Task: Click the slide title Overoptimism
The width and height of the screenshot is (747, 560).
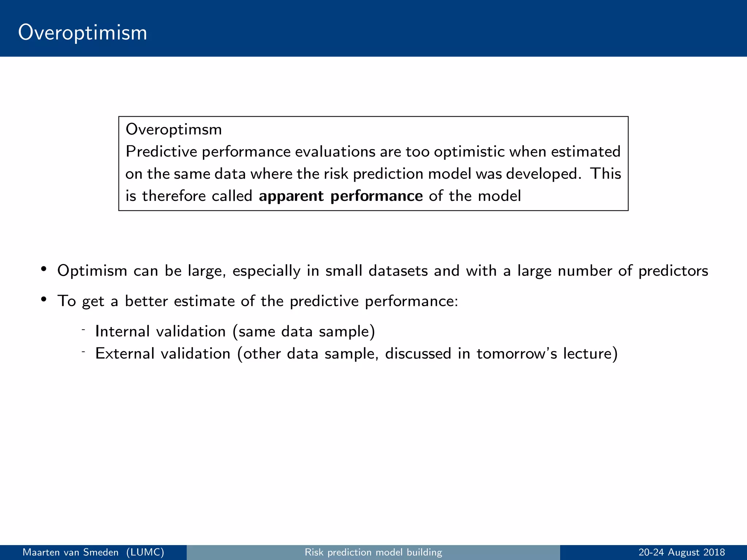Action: [x=82, y=33]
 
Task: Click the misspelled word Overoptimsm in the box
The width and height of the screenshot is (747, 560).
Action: [x=174, y=129]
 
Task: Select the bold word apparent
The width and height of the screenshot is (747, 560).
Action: [x=291, y=196]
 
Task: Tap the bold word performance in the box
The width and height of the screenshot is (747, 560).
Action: [x=376, y=196]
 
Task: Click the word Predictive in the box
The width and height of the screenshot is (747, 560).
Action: [x=161, y=152]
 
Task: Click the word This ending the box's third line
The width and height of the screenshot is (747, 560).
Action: [x=606, y=174]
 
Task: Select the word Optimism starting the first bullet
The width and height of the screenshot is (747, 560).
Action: [x=92, y=271]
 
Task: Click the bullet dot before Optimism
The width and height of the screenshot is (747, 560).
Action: [x=44, y=269]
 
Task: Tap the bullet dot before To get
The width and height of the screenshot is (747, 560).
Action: [x=44, y=299]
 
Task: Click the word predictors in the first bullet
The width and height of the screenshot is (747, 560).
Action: [x=673, y=271]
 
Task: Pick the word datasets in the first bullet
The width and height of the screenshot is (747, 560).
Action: [x=398, y=271]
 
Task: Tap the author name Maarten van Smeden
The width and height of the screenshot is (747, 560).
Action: [x=70, y=552]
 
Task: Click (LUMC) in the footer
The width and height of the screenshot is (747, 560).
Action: [x=145, y=552]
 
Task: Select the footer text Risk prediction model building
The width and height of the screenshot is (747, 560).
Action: [x=373, y=552]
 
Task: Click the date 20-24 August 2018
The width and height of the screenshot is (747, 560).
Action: [x=681, y=552]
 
